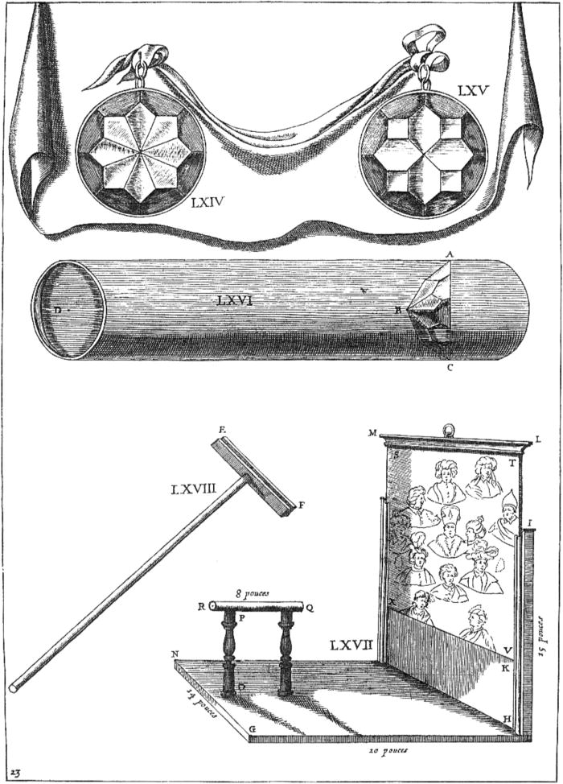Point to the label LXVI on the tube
(237, 300)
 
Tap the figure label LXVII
(351, 644)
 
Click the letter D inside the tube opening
(56, 307)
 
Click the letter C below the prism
(450, 370)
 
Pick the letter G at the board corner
(252, 729)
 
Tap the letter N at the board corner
(174, 653)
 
